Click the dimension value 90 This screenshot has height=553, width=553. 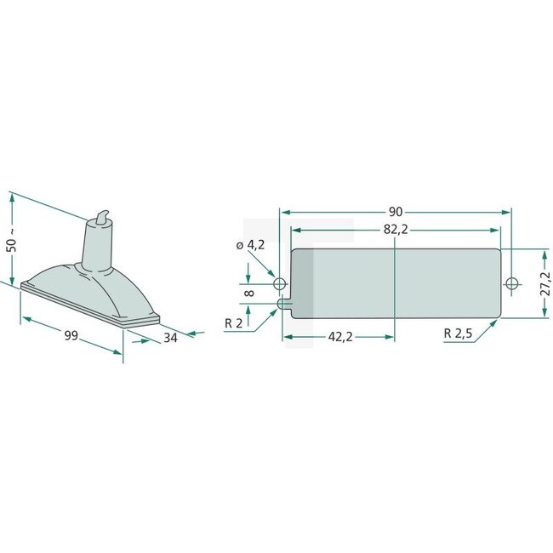coord(396,211)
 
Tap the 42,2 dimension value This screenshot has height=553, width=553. coord(339,337)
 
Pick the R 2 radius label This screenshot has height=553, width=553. coord(234,324)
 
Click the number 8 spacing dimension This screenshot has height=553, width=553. coord(248,292)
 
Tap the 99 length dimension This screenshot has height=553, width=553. coord(71,337)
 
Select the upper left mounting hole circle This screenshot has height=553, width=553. coord(279,282)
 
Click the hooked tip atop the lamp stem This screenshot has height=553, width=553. coord(104,214)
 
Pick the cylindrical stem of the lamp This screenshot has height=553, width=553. coord(99,247)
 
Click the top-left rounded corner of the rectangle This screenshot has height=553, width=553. coord(294,253)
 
